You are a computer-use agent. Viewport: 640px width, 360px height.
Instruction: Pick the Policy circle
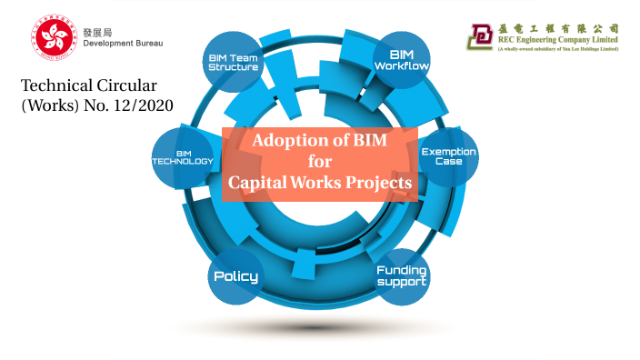pos(235,275)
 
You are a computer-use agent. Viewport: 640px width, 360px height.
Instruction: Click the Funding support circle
pos(402,275)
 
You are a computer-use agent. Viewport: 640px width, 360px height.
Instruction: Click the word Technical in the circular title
pos(55,86)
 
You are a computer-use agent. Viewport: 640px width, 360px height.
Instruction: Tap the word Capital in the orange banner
pos(258,182)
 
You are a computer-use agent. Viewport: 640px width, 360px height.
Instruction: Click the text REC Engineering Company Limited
pos(557,39)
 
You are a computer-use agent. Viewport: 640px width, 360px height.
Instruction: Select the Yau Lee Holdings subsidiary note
pos(557,49)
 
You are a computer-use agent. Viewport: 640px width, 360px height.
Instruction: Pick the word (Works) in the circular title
pos(48,106)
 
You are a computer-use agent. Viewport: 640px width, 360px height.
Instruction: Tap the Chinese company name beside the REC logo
pos(557,27)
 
